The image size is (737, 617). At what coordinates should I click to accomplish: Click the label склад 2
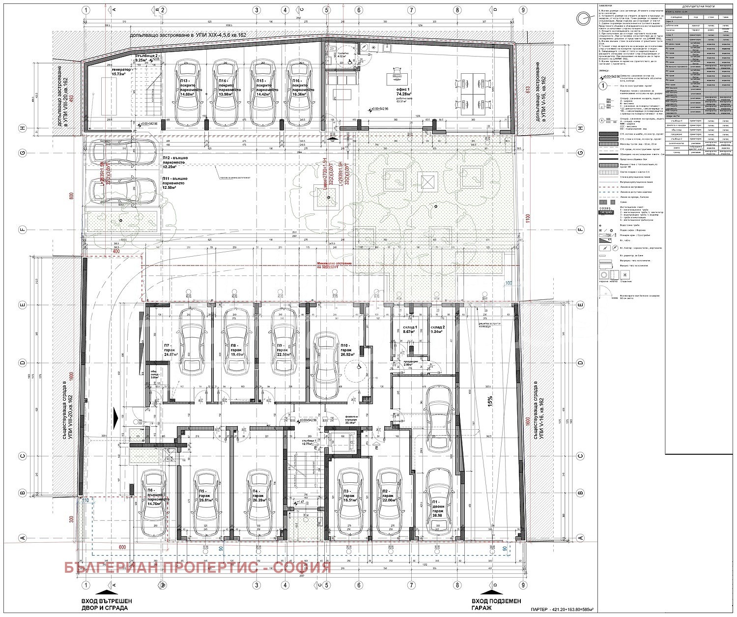(x=437, y=329)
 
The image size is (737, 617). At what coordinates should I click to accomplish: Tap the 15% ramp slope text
(x=489, y=401)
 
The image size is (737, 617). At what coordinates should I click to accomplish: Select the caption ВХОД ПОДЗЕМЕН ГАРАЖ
(x=496, y=604)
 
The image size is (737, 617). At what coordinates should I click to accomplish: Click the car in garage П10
(x=327, y=366)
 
